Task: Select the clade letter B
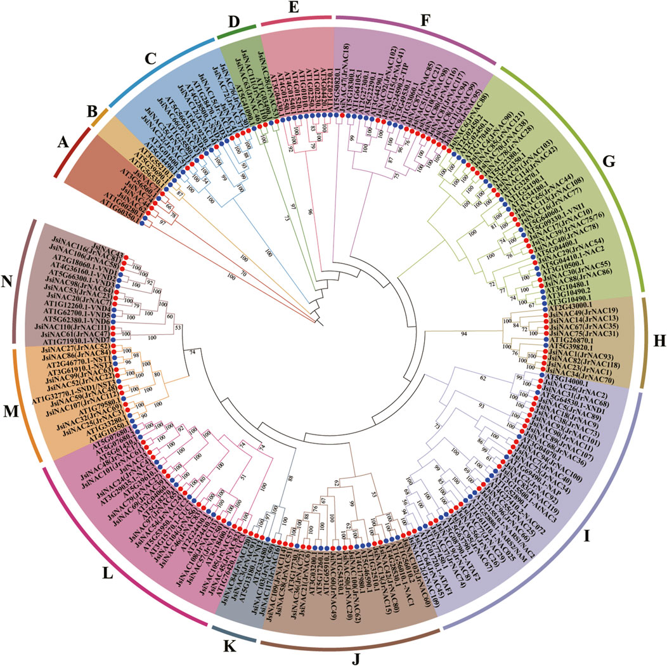tap(92, 115)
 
